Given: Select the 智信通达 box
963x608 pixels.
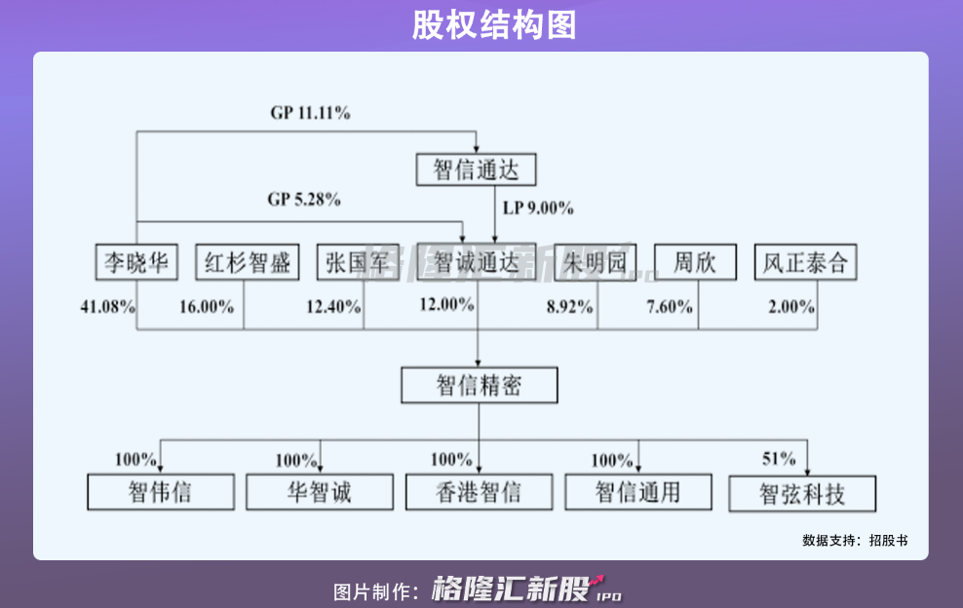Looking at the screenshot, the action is click(x=477, y=170).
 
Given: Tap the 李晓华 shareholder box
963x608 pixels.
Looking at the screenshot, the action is click(x=136, y=262).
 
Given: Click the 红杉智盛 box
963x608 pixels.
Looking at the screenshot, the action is click(x=248, y=262).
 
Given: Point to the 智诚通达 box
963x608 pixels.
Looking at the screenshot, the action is click(x=477, y=262).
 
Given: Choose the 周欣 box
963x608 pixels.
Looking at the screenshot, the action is click(x=697, y=262).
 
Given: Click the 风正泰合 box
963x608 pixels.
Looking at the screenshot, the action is click(x=805, y=262).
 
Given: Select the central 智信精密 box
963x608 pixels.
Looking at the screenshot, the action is click(x=479, y=386).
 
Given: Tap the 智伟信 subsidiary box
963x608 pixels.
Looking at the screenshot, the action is click(x=160, y=491).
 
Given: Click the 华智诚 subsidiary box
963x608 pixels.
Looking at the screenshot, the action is click(x=320, y=491).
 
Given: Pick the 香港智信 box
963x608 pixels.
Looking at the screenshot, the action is click(x=479, y=491).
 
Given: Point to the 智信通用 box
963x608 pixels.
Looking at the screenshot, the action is click(x=637, y=491).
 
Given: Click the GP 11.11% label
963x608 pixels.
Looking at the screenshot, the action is click(x=310, y=113).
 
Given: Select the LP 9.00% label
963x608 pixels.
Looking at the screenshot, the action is click(x=538, y=208).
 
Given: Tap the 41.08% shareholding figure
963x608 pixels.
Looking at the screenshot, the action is click(x=106, y=306).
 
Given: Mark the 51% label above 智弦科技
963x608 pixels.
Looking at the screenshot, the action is click(x=779, y=459).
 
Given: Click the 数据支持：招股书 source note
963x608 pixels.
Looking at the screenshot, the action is click(x=855, y=540).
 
